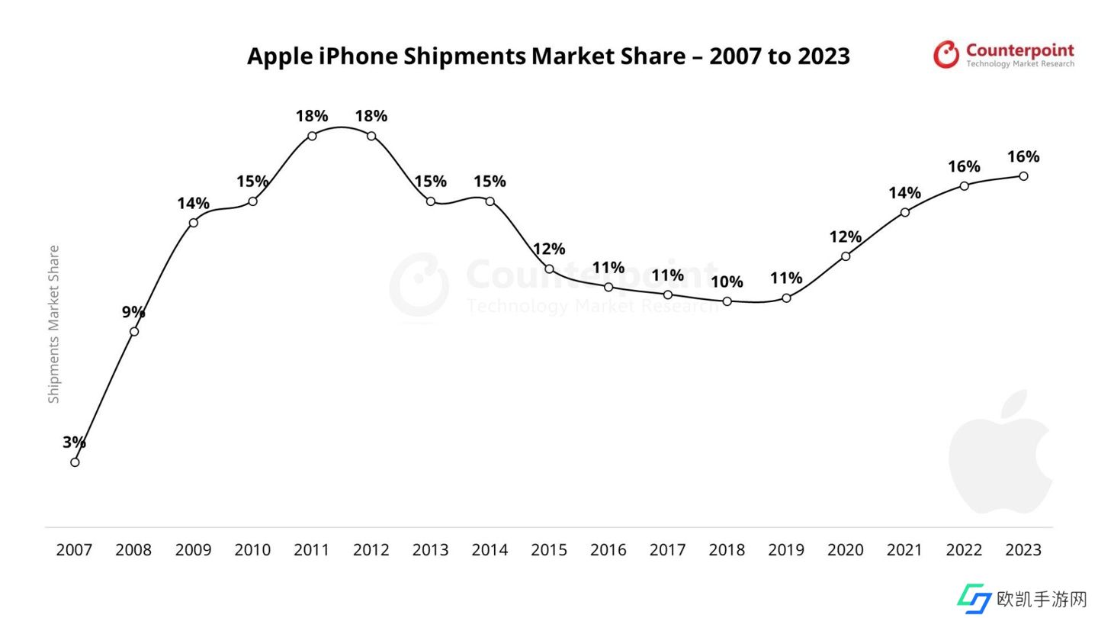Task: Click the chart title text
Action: pyautogui.click(x=548, y=56)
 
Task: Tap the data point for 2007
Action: pyautogui.click(x=75, y=462)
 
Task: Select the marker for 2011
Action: pyautogui.click(x=312, y=136)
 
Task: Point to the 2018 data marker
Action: pyautogui.click(x=727, y=301)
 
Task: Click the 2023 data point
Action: pyautogui.click(x=1023, y=176)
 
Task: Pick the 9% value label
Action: pyautogui.click(x=133, y=311)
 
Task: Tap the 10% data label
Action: pyautogui.click(x=727, y=282)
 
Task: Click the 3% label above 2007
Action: pyautogui.click(x=74, y=442)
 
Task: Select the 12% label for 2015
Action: pyautogui.click(x=549, y=249)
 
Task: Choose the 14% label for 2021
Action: pyautogui.click(x=904, y=192)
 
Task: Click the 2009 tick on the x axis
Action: pyautogui.click(x=193, y=549)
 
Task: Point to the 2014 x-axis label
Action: pyautogui.click(x=490, y=549)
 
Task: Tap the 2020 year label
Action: pyautogui.click(x=845, y=549)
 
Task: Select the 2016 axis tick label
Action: pyautogui.click(x=608, y=549)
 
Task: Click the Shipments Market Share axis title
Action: pyautogui.click(x=53, y=324)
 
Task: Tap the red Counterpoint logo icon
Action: pyautogui.click(x=946, y=54)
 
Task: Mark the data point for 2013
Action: pyautogui.click(x=431, y=201)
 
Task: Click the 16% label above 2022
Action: pyautogui.click(x=964, y=166)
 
